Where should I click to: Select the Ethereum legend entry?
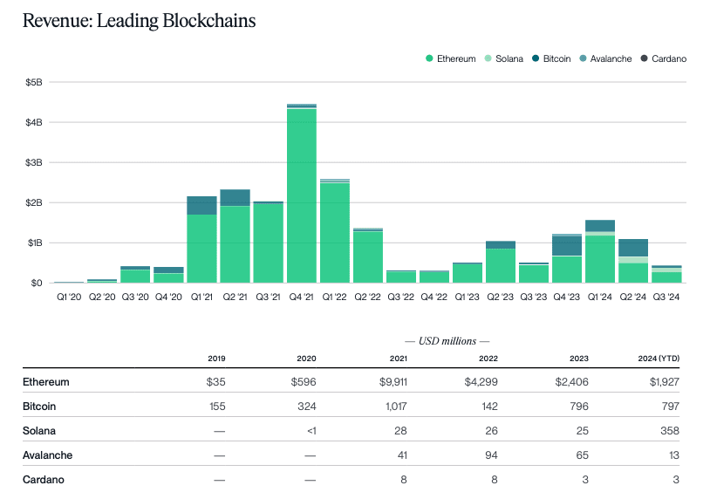451,58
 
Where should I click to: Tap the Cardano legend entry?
664,58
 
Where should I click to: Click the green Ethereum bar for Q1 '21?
202,249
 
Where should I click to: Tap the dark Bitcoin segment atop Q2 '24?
633,248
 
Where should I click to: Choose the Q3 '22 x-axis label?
401,297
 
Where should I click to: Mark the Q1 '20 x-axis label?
70,297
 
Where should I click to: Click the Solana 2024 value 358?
669,430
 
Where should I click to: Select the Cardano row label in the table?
44,479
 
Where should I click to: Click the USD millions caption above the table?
447,340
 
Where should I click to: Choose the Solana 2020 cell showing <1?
307,430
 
